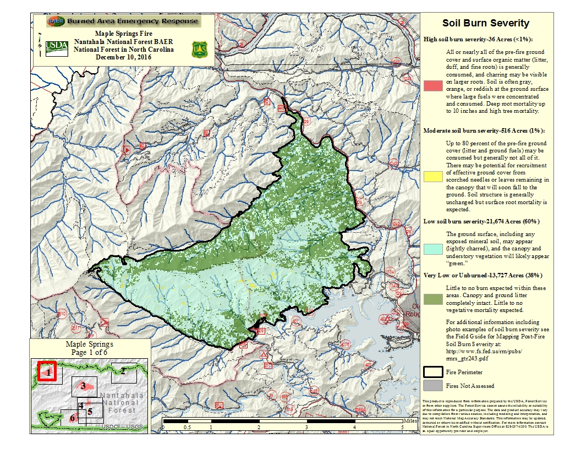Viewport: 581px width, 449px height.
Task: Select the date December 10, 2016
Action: coord(123,57)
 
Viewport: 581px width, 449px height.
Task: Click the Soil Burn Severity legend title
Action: coord(486,23)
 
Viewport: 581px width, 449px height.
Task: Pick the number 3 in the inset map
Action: coord(83,386)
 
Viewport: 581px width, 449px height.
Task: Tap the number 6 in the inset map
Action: coord(72,418)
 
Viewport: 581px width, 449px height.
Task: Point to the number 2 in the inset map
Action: coord(124,371)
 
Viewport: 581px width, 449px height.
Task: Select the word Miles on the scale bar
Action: coord(410,420)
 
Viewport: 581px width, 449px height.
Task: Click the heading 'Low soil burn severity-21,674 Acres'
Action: coord(481,221)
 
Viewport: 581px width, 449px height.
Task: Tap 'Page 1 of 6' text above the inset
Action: coord(89,352)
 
